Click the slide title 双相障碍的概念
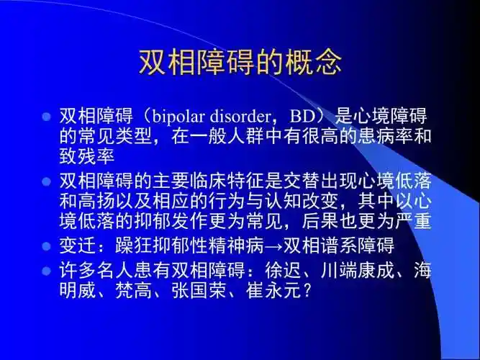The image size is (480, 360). click(x=240, y=64)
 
